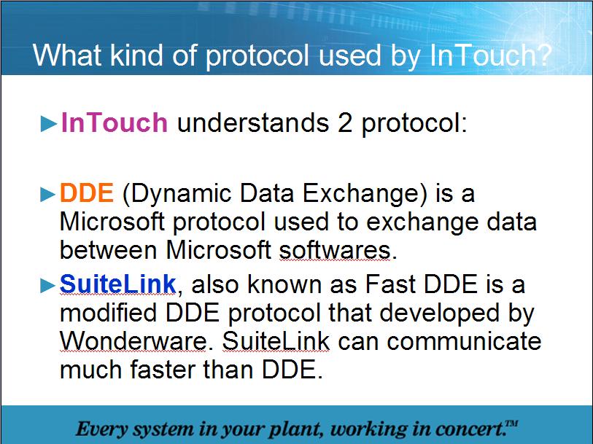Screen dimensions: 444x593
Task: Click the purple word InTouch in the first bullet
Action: pyautogui.click(x=115, y=122)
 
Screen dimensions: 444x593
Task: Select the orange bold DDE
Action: pyautogui.click(x=87, y=193)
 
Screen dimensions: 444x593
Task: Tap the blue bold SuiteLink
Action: pyautogui.click(x=118, y=284)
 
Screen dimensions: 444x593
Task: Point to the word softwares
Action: pyautogui.click(x=336, y=250)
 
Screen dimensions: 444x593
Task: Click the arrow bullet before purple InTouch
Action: pyautogui.click(x=49, y=124)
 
